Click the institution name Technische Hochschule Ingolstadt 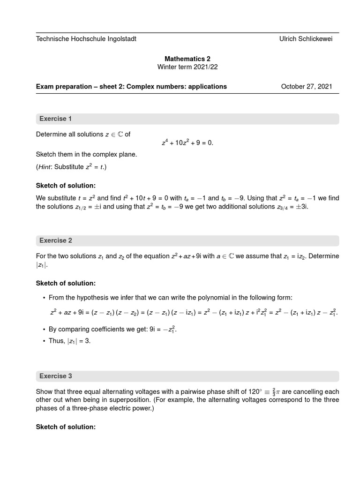(86, 39)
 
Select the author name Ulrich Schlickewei (306, 39)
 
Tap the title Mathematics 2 (187, 59)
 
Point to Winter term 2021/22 (187, 67)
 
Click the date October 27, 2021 (307, 86)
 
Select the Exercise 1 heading (56, 119)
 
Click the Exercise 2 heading (56, 240)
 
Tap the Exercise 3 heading (56, 376)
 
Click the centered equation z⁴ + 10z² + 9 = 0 (187, 143)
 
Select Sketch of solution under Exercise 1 (66, 186)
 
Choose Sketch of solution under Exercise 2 (66, 283)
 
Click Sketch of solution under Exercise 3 (66, 427)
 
